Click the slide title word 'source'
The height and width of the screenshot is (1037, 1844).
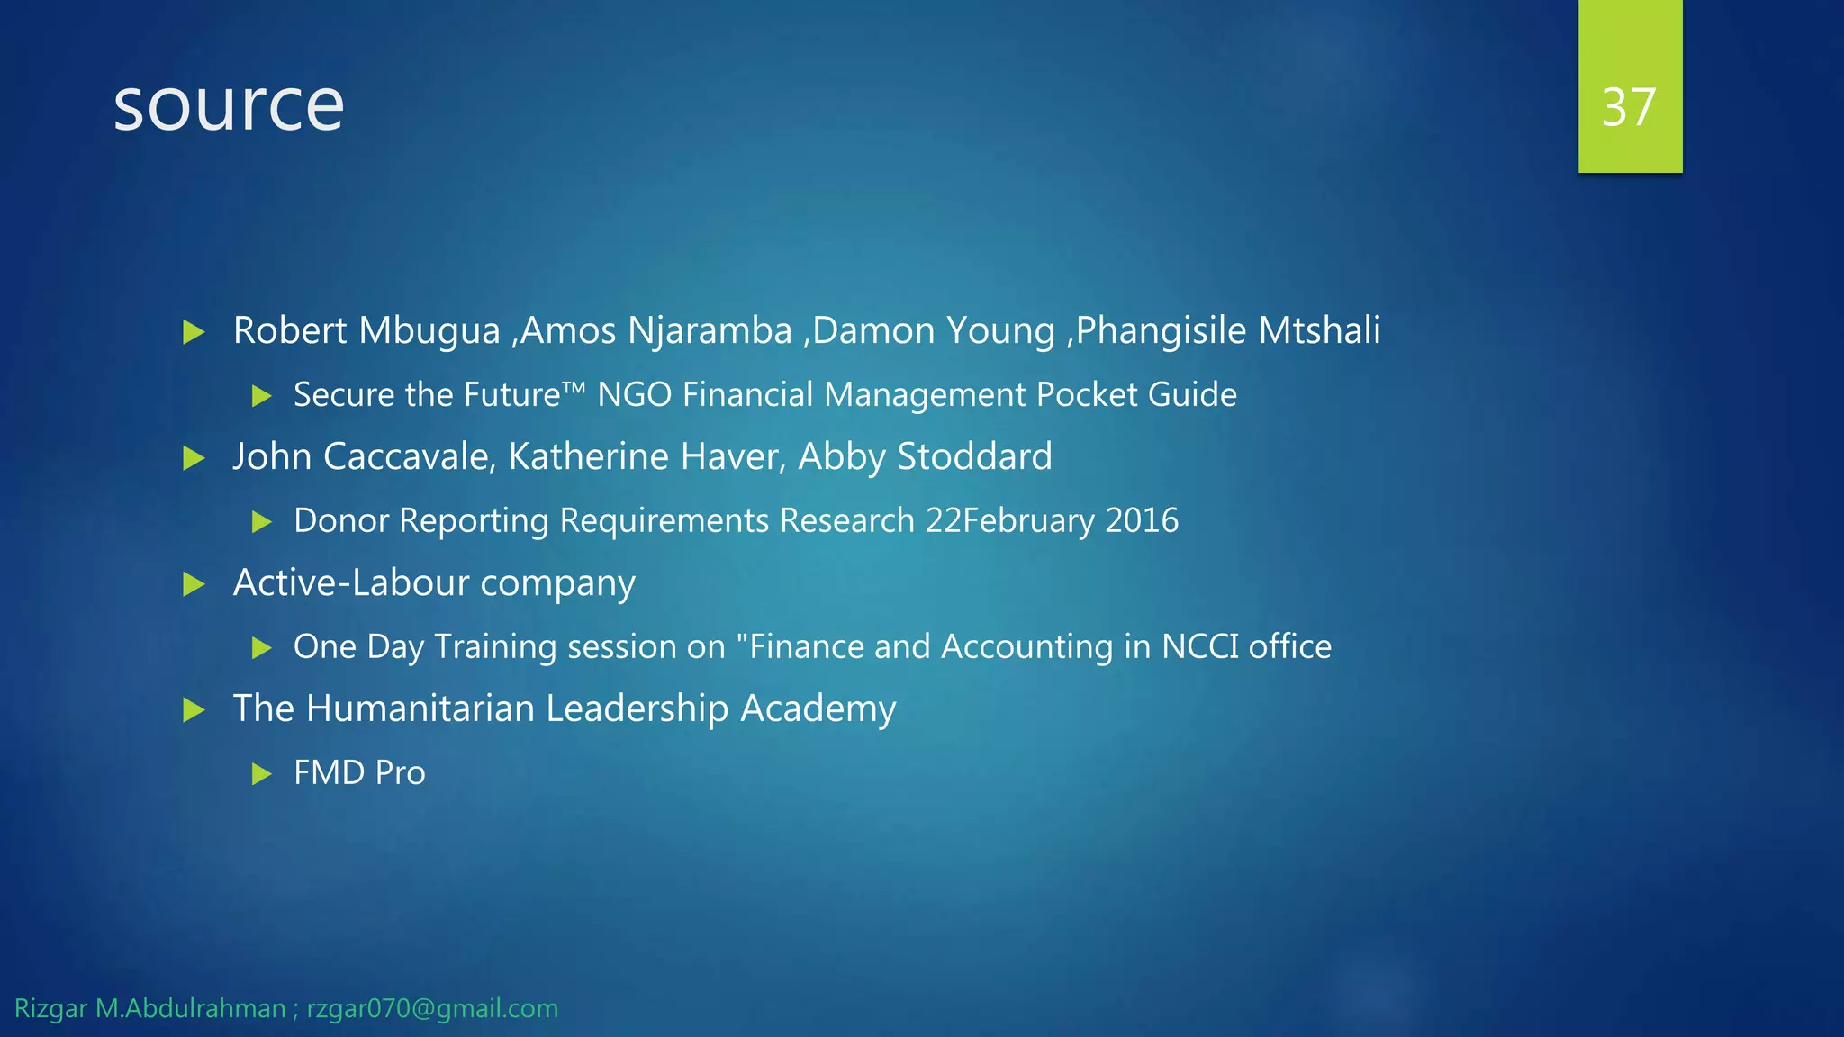click(229, 106)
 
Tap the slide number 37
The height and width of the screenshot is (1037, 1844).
click(1629, 107)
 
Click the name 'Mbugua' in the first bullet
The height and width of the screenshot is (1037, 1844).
click(429, 331)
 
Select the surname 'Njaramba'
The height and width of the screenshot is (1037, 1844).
click(710, 331)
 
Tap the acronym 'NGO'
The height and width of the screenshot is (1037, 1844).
click(634, 395)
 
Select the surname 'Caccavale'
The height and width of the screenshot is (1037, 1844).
click(409, 457)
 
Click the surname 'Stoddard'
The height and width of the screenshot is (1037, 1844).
click(975, 457)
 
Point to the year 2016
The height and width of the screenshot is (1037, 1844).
click(1142, 521)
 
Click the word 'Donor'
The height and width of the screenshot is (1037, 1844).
click(341, 521)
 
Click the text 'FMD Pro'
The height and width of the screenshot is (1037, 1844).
click(359, 773)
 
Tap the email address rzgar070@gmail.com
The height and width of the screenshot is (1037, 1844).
click(432, 1009)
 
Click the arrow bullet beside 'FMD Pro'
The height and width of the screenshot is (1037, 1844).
click(262, 773)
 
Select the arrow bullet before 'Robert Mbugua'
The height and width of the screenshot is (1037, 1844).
click(194, 332)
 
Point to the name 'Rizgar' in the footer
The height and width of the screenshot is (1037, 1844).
click(50, 1009)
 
